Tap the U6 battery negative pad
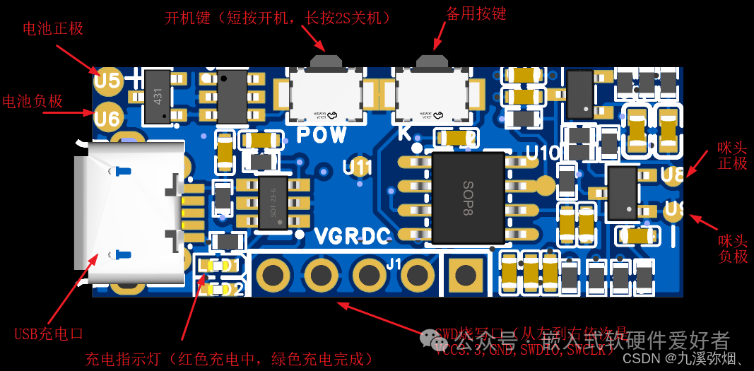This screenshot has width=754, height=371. coord(107,117)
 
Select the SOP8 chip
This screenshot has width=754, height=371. coord(467,197)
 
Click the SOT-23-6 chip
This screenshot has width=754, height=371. coord(274,202)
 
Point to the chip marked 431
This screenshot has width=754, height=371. coord(158,96)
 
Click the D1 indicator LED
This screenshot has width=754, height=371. coord(210,266)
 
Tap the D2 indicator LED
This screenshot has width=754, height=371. coord(210,289)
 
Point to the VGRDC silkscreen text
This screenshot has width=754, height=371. coord(351,235)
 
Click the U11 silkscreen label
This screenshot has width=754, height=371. coord(358,167)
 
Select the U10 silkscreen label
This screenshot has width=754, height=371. coord(542,152)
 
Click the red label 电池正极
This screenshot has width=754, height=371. coord(53,29)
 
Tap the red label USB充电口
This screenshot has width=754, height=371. coord(49,334)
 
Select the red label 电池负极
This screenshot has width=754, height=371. coord(33,101)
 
